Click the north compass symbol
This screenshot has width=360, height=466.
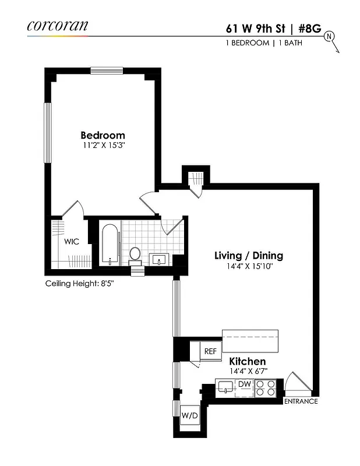pyautogui.click(x=330, y=38)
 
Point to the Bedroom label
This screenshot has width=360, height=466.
pyautogui.click(x=103, y=135)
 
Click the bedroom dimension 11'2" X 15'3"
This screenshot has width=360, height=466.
pyautogui.click(x=103, y=146)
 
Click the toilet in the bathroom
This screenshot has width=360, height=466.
pyautogui.click(x=135, y=254)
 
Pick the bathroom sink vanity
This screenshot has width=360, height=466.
pyautogui.click(x=159, y=258)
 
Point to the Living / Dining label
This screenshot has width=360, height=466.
pyautogui.click(x=248, y=255)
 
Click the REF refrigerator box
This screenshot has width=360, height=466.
pyautogui.click(x=210, y=351)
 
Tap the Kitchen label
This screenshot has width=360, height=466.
pyautogui.click(x=247, y=362)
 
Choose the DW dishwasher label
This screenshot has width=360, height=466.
pyautogui.click(x=245, y=384)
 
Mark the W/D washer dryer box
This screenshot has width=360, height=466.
pyautogui.click(x=189, y=416)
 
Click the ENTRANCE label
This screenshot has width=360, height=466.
pyautogui.click(x=301, y=401)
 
